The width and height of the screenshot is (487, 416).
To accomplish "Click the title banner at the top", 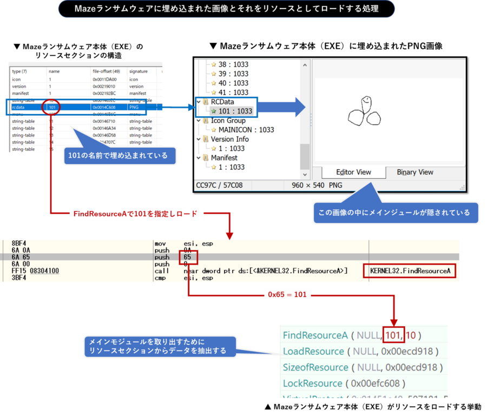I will click(x=226, y=9).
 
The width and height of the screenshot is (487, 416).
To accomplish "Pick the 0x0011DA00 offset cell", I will click(x=105, y=80).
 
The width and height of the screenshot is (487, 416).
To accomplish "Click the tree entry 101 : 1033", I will click(x=232, y=111).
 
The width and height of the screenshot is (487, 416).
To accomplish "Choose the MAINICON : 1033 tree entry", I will click(x=246, y=130).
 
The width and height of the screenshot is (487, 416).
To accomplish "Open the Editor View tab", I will click(x=353, y=172).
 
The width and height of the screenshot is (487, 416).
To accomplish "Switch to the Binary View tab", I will click(x=415, y=172).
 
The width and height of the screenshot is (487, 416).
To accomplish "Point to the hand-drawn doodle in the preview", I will click(x=364, y=110).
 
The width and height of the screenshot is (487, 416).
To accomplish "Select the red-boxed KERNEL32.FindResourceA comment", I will click(x=410, y=270).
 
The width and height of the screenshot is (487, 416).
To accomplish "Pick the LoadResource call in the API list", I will click(x=313, y=352).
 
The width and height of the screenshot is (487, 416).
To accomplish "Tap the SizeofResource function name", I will click(x=315, y=367).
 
